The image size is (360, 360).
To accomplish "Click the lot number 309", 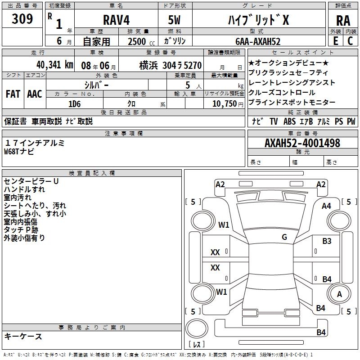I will [x=22, y=20].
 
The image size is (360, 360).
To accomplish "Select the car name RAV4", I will [x=115, y=21].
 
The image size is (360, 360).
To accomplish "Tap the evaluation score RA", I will [x=343, y=21].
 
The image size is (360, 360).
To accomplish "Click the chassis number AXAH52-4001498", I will [x=302, y=143].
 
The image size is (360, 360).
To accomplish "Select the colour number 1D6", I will [x=74, y=103].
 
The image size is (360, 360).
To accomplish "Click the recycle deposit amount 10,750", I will [x=224, y=103].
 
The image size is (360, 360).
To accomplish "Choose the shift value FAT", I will [x=13, y=94].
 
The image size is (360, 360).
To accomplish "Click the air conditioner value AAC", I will [x=34, y=94].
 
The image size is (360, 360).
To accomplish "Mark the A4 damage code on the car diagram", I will [x=326, y=206].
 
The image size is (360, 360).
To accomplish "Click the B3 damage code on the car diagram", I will [x=327, y=241].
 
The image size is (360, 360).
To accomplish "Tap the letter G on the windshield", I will [x=284, y=237].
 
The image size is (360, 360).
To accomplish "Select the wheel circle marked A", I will [x=339, y=294].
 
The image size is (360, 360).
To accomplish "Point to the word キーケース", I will [x=23, y=336].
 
